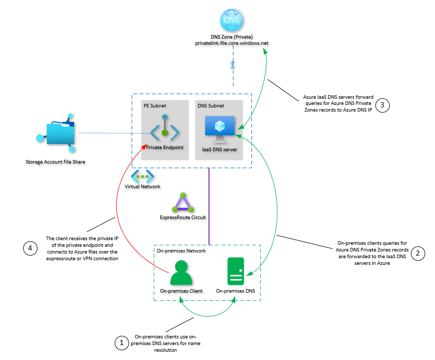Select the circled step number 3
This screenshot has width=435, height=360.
point(383,105)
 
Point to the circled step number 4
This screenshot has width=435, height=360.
point(30,248)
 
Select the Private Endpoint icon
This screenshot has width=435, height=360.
point(165,132)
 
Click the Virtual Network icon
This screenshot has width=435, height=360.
point(142,176)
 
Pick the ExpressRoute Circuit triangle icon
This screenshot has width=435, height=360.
point(183,204)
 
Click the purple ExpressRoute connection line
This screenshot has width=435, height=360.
point(209,206)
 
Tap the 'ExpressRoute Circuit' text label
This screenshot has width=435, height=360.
point(183,218)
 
